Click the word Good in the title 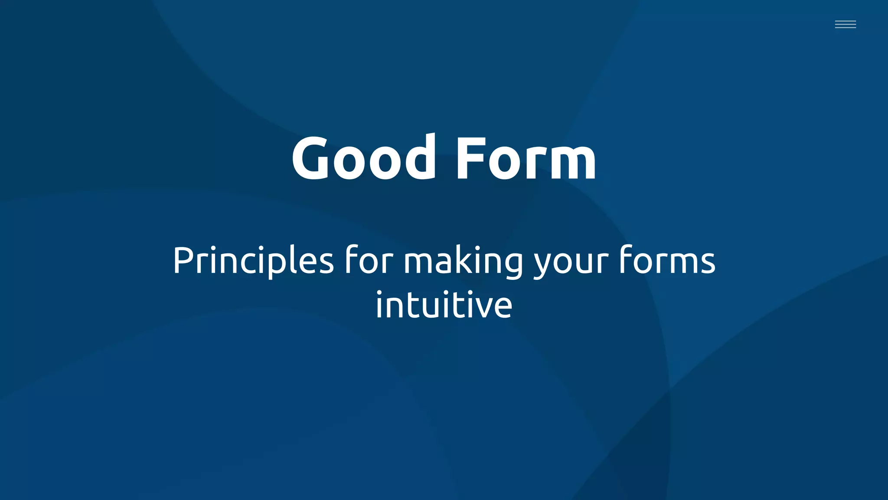[x=363, y=158]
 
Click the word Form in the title [x=526, y=158]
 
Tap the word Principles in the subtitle [x=253, y=261]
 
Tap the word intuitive [x=444, y=305]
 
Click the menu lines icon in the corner [x=845, y=24]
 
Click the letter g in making [x=513, y=265]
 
